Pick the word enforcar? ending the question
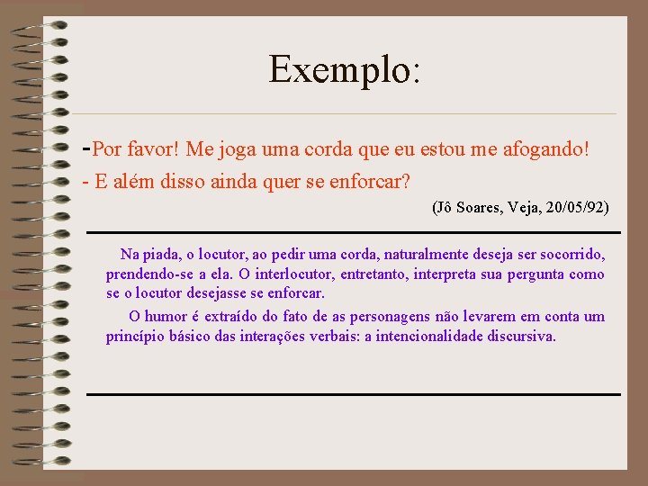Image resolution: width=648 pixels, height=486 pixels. coord(369,182)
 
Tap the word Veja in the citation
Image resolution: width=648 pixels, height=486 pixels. coord(526,208)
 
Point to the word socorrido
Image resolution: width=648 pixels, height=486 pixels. coord(570,255)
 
